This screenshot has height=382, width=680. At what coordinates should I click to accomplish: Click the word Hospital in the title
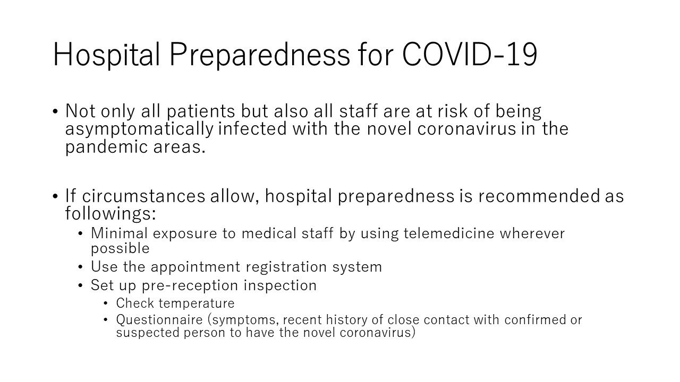[x=106, y=55]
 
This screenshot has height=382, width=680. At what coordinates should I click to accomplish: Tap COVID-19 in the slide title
[x=470, y=54]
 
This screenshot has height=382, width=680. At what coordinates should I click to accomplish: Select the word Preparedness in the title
[x=260, y=55]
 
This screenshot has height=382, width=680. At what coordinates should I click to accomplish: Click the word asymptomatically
[x=140, y=129]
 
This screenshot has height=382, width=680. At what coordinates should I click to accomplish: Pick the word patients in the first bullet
[x=201, y=111]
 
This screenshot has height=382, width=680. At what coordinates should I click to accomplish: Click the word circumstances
[x=143, y=196]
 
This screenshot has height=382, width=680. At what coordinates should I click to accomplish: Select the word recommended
[x=539, y=196]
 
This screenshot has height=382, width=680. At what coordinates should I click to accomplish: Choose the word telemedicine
[x=449, y=233]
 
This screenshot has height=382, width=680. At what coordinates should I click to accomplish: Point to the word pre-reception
[x=190, y=285]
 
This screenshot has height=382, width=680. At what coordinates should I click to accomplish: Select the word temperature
[x=197, y=303]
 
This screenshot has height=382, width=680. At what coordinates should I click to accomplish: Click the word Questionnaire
[x=159, y=319]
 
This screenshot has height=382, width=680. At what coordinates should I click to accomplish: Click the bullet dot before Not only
[x=55, y=111]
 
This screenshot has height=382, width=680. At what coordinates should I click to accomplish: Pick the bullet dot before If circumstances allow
[x=55, y=196]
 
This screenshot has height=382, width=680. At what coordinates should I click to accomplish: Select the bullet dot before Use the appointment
[x=80, y=267]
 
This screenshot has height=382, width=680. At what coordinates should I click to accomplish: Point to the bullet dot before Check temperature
[x=105, y=303]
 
